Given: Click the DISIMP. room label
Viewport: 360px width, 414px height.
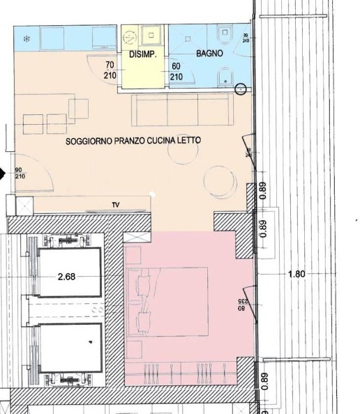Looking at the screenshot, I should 142,54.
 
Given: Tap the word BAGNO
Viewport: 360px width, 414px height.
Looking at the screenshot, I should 209,53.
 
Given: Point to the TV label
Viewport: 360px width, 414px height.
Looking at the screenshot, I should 115,205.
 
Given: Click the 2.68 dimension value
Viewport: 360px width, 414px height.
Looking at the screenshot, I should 66,276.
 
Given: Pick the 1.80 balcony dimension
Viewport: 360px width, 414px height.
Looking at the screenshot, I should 297,274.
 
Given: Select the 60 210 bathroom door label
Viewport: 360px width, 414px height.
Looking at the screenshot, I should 176,72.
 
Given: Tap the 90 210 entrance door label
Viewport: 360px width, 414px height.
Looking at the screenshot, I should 20,174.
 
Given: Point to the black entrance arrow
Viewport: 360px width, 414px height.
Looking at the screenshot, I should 3,174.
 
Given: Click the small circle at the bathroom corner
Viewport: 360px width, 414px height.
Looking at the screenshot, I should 241,89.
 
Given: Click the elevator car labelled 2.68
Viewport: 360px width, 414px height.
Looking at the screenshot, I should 70,276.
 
